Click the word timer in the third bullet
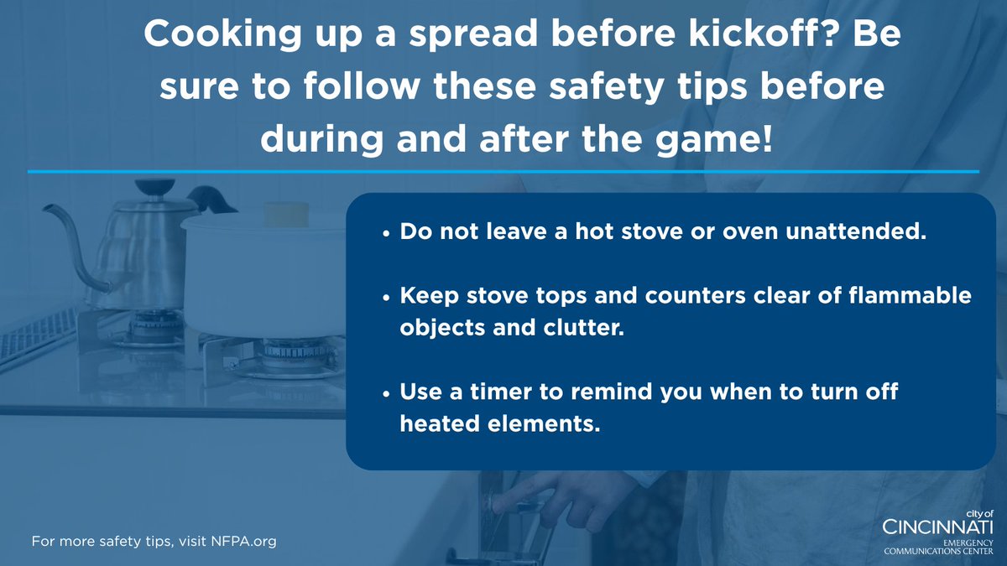[504, 392]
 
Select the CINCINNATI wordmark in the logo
[938, 527]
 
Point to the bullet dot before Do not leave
[385, 234]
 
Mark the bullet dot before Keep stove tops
[385, 299]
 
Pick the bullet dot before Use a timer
[385, 394]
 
